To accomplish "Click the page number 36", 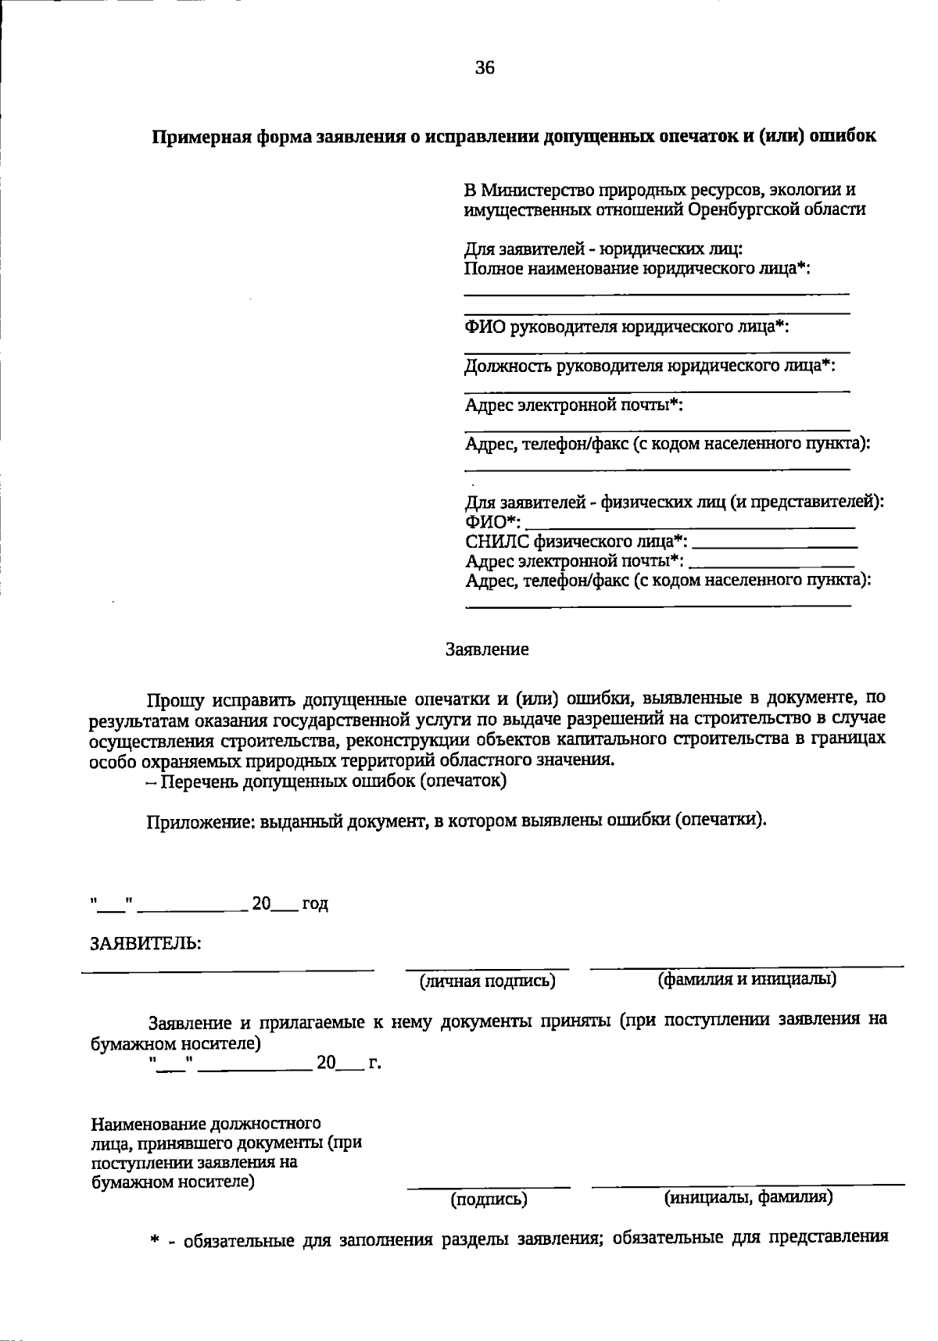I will point(485,68).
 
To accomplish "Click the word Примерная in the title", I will point(193,137).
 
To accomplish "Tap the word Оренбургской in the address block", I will point(750,209).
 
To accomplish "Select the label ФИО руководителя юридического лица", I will point(626,327).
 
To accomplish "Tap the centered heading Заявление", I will point(487,649).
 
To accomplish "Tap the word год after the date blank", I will point(315,904).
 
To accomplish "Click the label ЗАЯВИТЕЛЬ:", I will point(146,943).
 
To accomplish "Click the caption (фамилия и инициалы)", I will point(747,979).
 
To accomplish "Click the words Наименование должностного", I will point(206,1125).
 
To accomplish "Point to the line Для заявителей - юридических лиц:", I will point(603,249).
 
